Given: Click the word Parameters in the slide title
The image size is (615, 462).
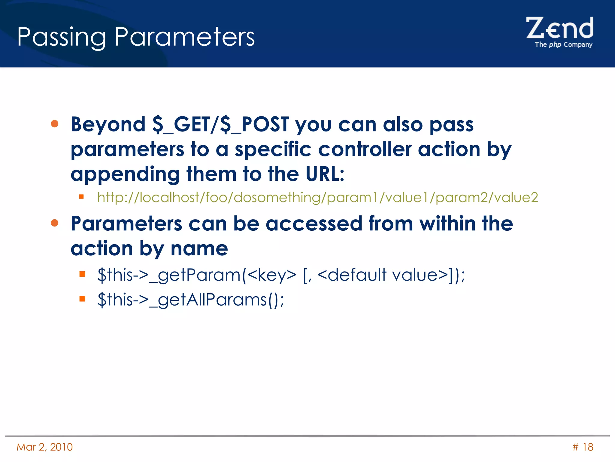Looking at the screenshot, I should tap(184, 37).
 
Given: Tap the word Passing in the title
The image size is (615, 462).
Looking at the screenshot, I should tap(61, 37).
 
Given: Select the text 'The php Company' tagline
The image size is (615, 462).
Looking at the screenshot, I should tap(563, 45).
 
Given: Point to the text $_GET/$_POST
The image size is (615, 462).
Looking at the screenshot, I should tap(220, 124).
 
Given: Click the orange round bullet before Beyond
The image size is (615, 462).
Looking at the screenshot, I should tap(55, 124).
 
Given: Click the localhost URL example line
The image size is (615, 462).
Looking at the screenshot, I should tap(317, 198).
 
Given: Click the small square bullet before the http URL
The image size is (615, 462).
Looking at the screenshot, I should tap(81, 197).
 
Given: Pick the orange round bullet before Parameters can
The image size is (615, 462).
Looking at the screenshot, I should tap(55, 223).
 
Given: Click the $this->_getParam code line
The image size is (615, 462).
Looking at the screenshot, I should tap(281, 275).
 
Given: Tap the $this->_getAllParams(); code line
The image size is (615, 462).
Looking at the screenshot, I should tap(191, 300).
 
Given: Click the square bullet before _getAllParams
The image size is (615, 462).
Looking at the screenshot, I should tap(82, 299).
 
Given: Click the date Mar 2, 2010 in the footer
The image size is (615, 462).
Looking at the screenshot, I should tap(45, 447).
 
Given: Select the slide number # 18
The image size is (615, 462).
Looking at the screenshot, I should tap(583, 447).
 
